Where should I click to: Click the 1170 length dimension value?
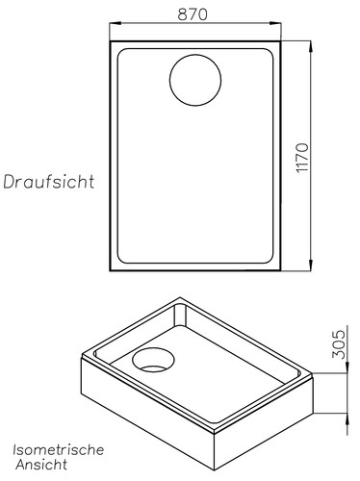pyautogui.click(x=302, y=158)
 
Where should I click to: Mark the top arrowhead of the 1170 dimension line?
pyautogui.click(x=313, y=44)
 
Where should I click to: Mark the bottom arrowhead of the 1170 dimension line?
pyautogui.click(x=313, y=268)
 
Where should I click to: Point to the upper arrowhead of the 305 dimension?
pyautogui.click(x=342, y=330)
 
